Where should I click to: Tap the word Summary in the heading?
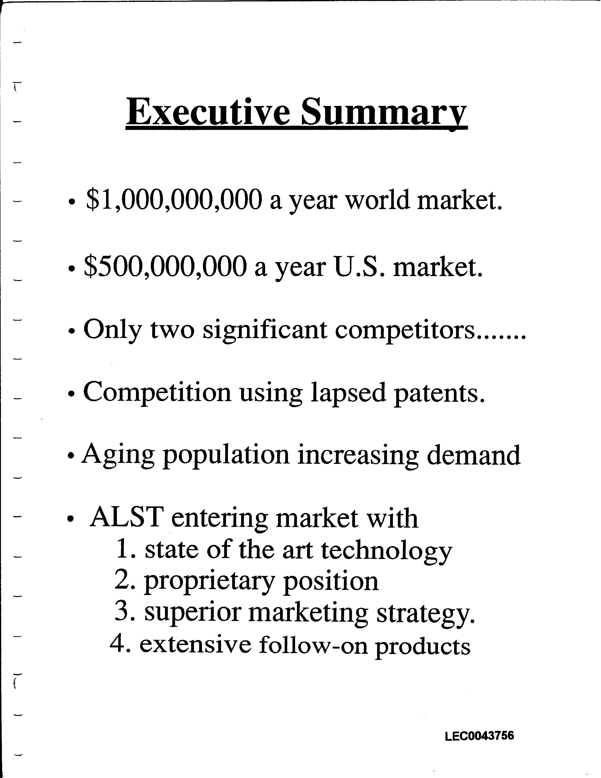point(384,112)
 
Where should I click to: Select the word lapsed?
point(348,393)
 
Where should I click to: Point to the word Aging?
point(118,456)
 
